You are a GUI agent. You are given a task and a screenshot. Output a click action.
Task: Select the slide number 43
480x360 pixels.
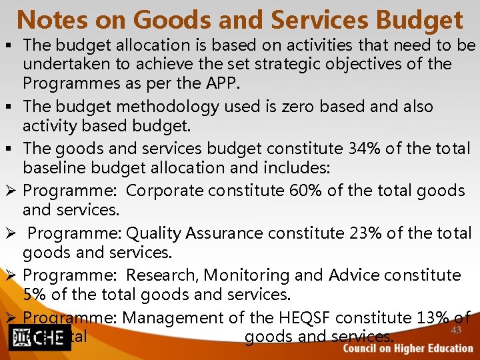[x=456, y=331]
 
